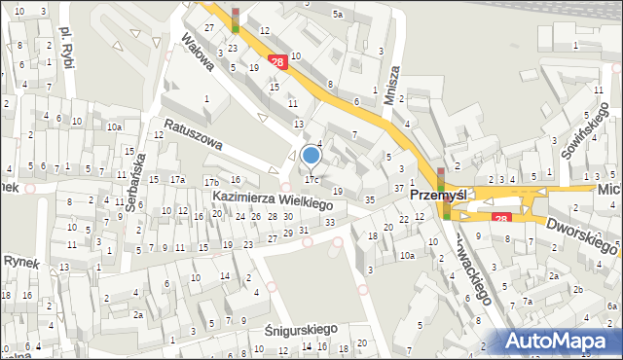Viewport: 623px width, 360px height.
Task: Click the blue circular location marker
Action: pyautogui.click(x=311, y=155)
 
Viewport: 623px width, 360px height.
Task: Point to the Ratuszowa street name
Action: pyautogui.click(x=193, y=134)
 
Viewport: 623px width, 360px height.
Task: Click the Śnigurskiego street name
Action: pyautogui.click(x=301, y=331)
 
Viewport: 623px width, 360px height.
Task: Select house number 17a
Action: pyautogui.click(x=177, y=180)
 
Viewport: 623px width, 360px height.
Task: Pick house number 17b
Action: pyautogui.click(x=210, y=182)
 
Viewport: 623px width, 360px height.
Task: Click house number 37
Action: pyautogui.click(x=398, y=188)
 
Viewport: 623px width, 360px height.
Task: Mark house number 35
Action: pyautogui.click(x=369, y=199)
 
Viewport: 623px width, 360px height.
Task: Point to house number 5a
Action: pyautogui.click(x=337, y=15)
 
